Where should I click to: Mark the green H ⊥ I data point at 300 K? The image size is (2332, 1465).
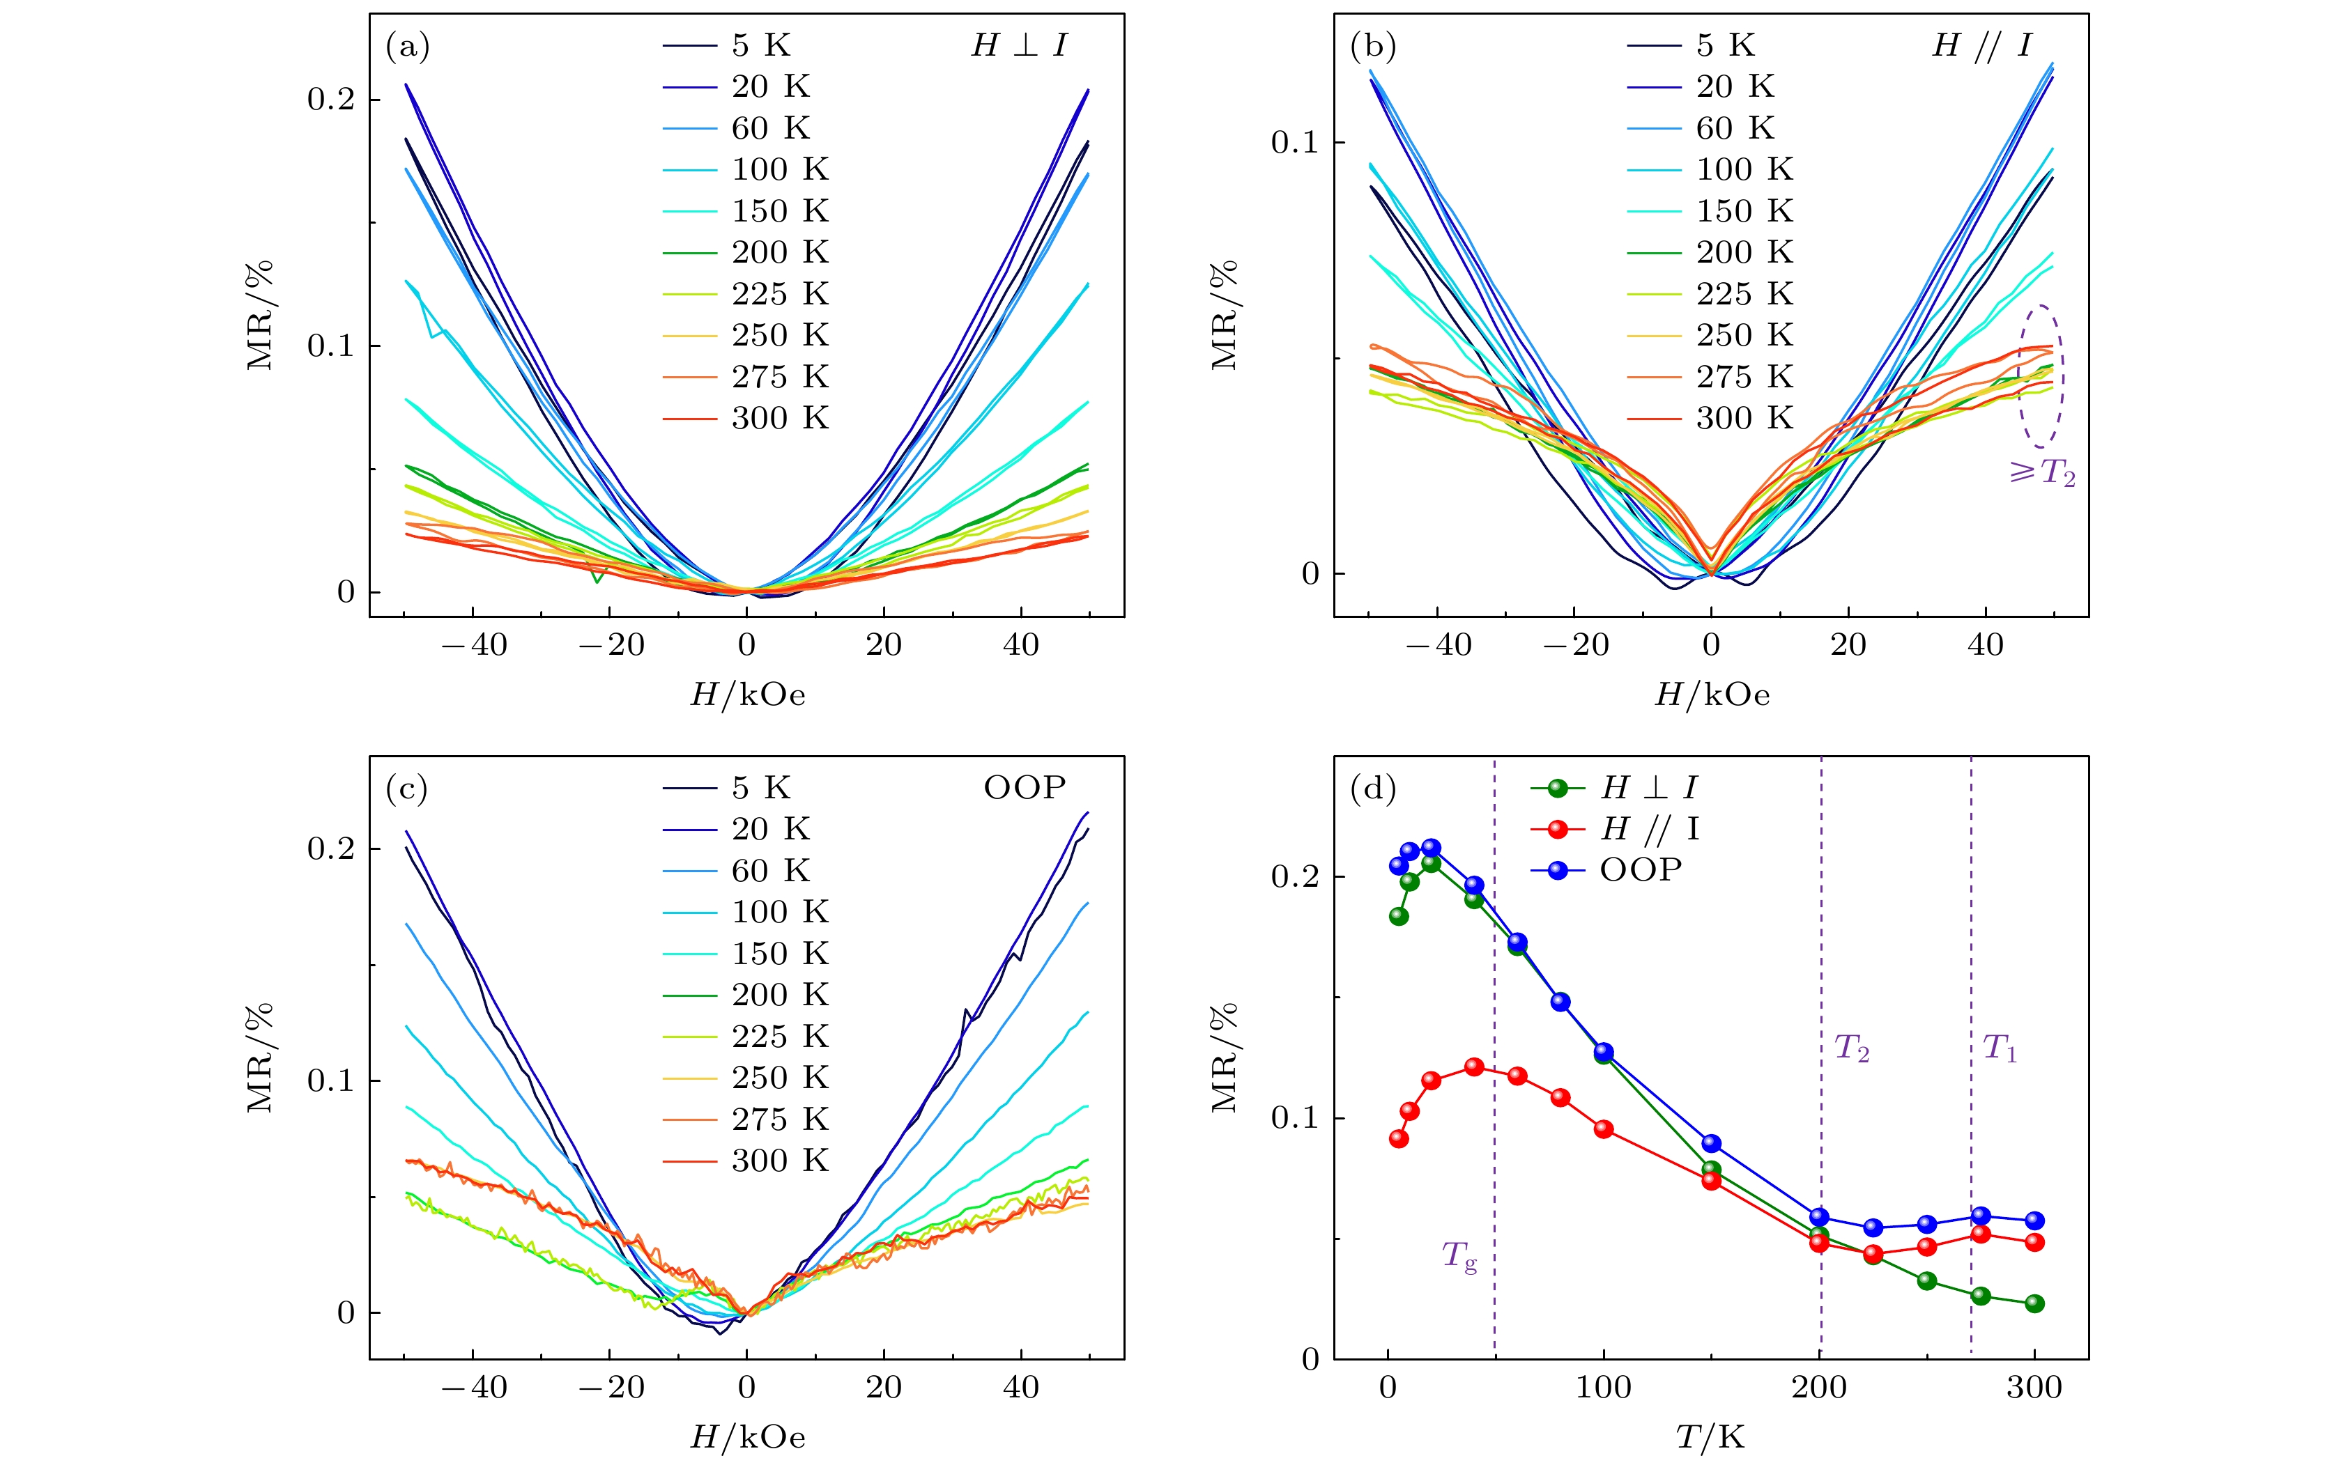tap(2034, 1303)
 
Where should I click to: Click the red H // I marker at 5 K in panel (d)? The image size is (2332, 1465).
tap(1398, 1139)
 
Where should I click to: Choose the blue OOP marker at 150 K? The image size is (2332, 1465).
tap(1711, 1144)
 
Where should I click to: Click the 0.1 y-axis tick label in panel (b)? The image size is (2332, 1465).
tap(1295, 144)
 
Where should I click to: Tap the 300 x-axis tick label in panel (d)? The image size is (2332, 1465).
tap(2034, 1388)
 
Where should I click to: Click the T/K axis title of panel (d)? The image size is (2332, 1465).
tap(1710, 1438)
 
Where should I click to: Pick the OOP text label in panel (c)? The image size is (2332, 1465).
tap(1025, 788)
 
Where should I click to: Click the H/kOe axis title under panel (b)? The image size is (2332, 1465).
tap(1711, 695)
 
